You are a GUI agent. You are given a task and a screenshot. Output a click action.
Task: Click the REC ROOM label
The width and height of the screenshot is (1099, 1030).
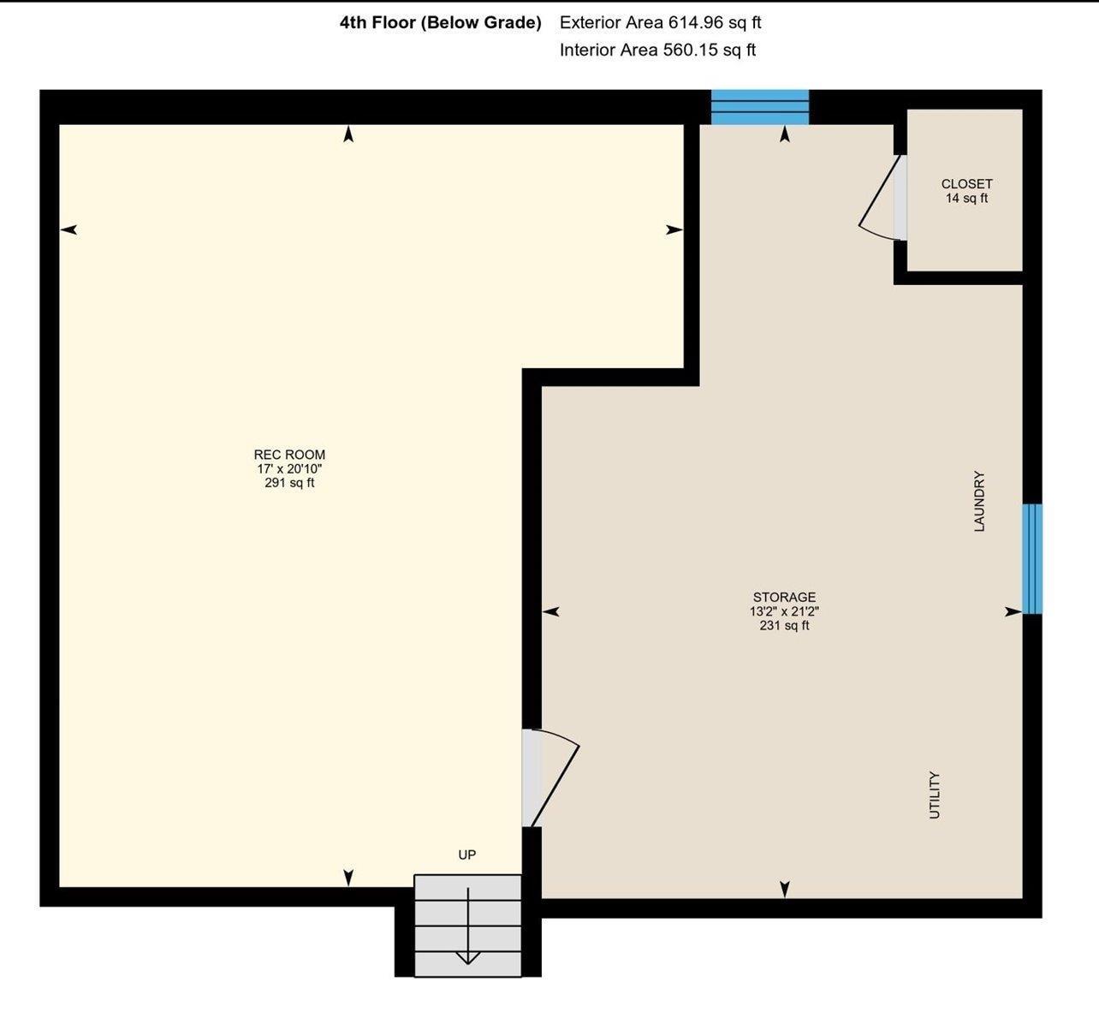[x=289, y=455]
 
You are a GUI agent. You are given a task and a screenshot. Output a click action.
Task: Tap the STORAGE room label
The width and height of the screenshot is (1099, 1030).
[x=784, y=597]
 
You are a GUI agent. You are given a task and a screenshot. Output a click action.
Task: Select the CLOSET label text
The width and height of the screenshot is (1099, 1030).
[x=966, y=184]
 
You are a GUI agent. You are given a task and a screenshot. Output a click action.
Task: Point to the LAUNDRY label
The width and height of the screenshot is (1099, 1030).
[x=979, y=501]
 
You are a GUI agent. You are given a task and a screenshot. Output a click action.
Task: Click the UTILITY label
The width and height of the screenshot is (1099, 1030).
[x=935, y=795]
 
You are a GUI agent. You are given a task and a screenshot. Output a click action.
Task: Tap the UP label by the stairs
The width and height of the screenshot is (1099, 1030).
[x=467, y=854]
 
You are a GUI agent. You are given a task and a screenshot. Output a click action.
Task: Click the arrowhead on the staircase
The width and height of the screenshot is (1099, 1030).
[x=467, y=958]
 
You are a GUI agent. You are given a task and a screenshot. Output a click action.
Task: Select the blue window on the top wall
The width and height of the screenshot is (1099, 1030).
[x=760, y=107]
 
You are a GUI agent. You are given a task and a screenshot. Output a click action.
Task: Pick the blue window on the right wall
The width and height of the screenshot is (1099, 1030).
[x=1032, y=559]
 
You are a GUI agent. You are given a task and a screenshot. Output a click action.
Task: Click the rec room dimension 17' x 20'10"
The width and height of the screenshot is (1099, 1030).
[x=289, y=468]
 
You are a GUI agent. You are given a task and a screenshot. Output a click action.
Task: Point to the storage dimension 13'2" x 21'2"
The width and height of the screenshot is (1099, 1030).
[x=784, y=611]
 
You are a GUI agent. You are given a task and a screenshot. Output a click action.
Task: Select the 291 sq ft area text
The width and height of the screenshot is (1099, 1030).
[x=289, y=483]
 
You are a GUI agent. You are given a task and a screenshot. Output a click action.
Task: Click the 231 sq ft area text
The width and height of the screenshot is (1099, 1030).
[x=784, y=626]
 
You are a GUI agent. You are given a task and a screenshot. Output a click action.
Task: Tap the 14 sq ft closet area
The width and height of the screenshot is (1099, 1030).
[x=966, y=199]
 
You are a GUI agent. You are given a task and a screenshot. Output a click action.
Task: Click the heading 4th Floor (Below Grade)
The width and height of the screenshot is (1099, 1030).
[x=441, y=23]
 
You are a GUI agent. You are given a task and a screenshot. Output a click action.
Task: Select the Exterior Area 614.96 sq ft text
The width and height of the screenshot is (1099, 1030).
[x=660, y=23]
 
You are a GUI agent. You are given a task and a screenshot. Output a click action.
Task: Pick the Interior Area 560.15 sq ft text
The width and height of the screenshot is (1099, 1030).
[x=657, y=51]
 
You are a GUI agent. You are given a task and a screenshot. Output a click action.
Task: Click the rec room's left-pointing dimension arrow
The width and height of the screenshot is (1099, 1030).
[x=68, y=229]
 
